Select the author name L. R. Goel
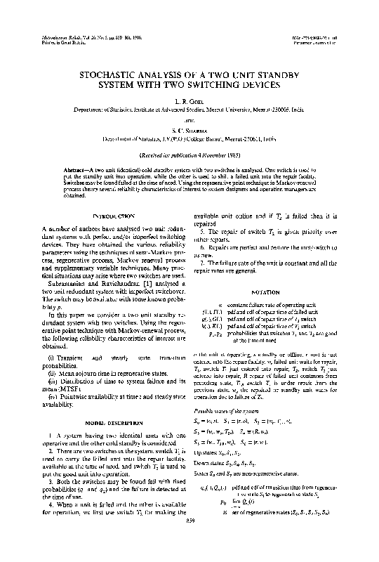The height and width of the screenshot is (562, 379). [x=190, y=102]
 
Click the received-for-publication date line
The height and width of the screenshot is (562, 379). [x=190, y=155]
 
